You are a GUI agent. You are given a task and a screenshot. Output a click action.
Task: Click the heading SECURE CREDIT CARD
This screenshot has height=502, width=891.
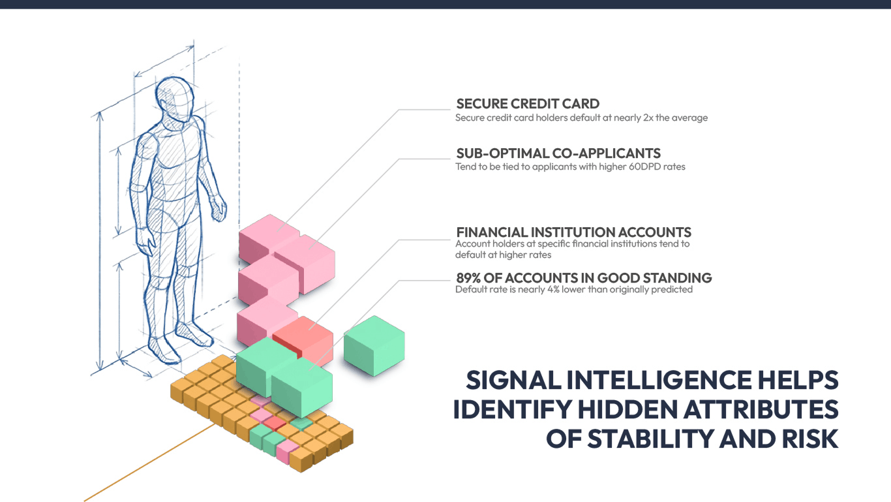(x=527, y=104)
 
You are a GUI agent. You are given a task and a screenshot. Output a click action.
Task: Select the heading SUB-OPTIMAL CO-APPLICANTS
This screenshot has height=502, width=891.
(x=558, y=153)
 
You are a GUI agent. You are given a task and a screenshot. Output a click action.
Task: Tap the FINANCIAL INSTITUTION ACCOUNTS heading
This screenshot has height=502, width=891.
(x=573, y=232)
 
